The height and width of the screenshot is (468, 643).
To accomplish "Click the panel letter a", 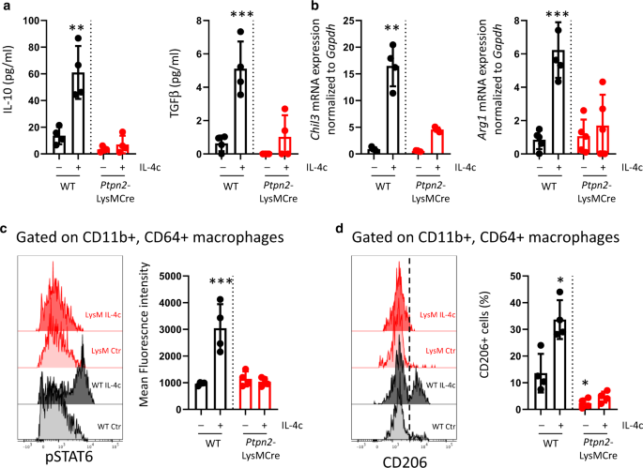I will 7,8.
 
